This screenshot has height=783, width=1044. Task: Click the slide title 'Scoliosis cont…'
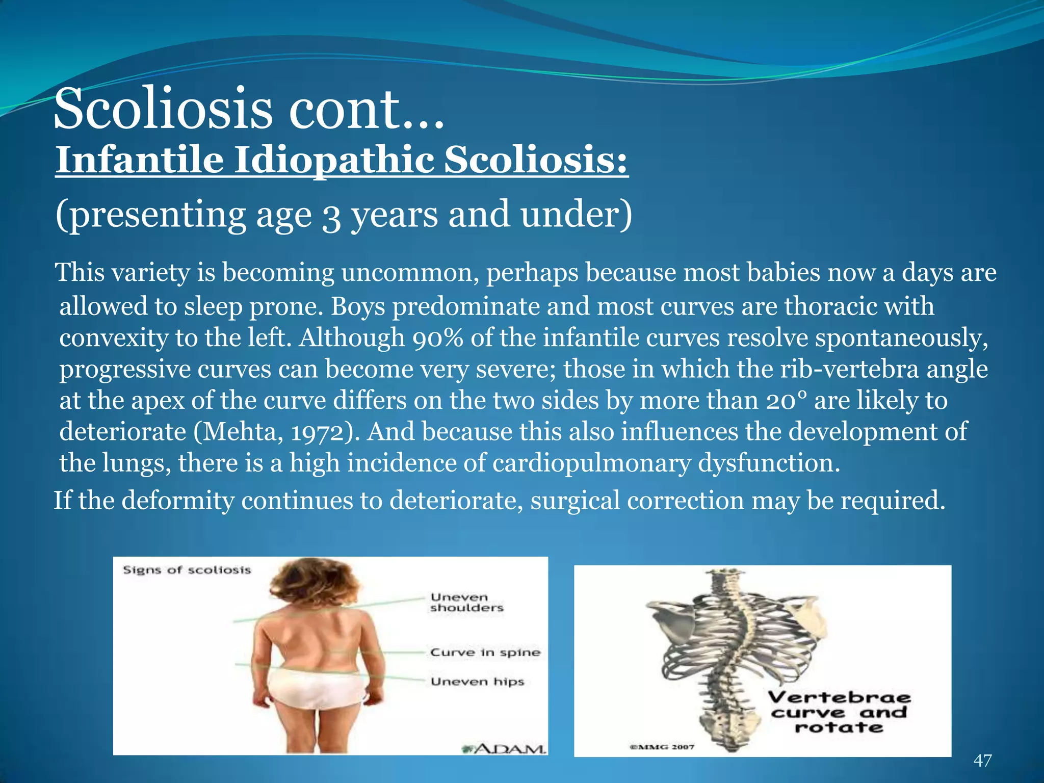tap(249, 109)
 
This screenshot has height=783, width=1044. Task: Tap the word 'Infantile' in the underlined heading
tap(139, 161)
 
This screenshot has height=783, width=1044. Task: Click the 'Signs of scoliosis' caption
tap(187, 570)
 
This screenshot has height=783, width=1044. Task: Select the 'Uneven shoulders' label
tap(466, 603)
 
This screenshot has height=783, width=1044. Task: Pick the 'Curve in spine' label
tap(485, 652)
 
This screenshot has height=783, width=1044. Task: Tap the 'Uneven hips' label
tap(477, 682)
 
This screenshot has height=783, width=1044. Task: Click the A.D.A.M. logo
tap(504, 748)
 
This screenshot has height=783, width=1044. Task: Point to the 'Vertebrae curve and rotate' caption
tap(839, 712)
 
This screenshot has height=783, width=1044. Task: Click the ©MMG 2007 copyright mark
tap(662, 747)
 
